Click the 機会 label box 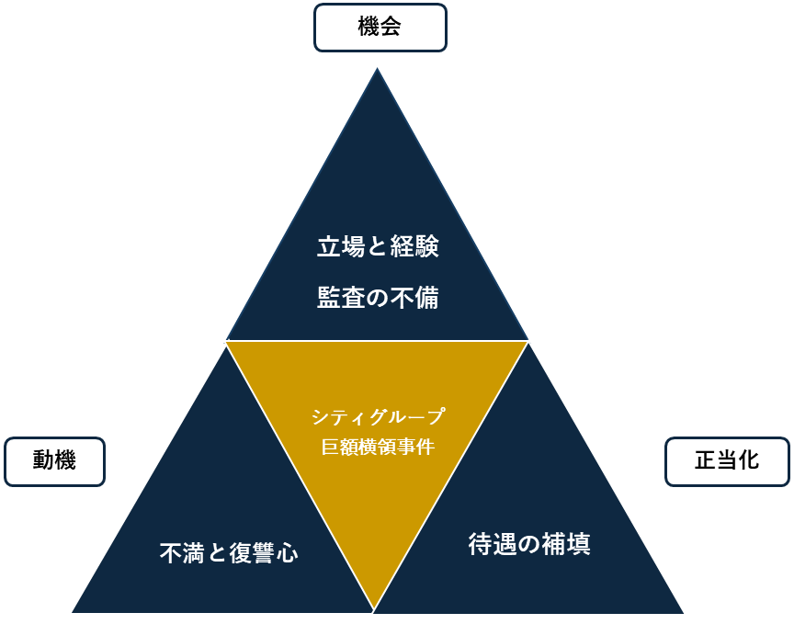tap(380, 28)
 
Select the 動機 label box tap(54, 461)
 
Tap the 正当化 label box tap(727, 461)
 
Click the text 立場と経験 tap(378, 247)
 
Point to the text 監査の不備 tap(378, 298)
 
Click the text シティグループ tap(378, 417)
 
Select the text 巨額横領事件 tap(378, 448)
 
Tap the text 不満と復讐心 tap(229, 553)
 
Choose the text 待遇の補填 tap(529, 544)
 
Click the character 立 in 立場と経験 tap(329, 247)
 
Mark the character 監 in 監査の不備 tap(329, 298)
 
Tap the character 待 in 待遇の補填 tap(481, 544)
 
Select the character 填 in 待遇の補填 tap(578, 544)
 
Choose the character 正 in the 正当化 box tap(705, 461)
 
